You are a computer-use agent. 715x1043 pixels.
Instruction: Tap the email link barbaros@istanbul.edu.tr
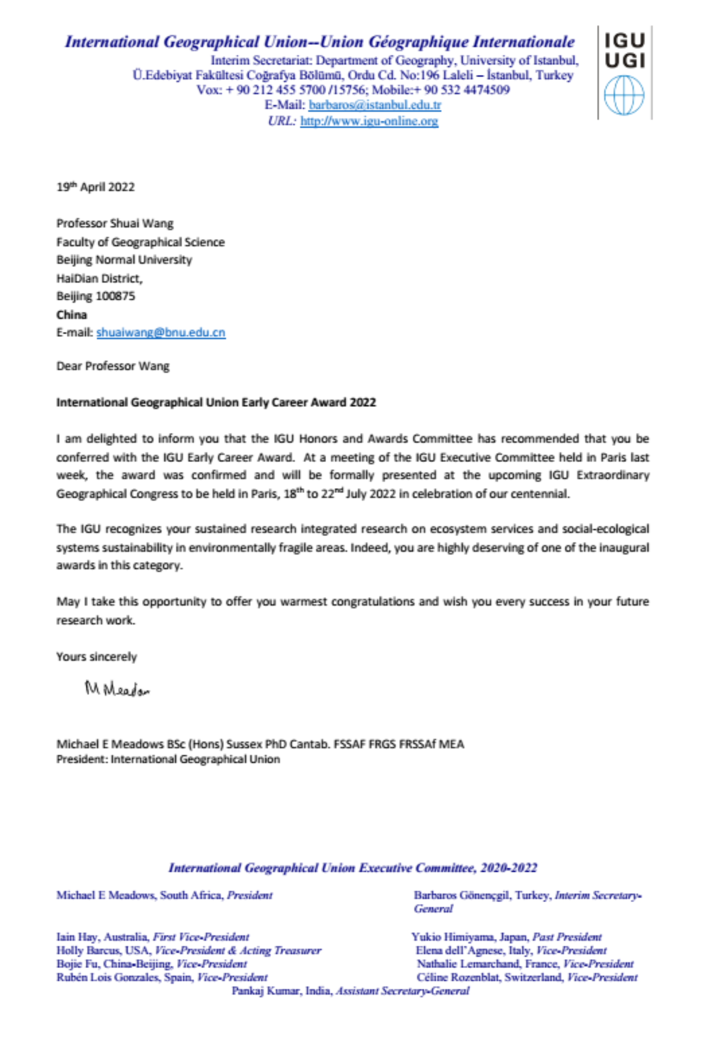point(375,106)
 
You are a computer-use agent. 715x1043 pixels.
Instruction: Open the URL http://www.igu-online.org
point(369,121)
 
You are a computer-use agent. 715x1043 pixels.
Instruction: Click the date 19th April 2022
point(95,187)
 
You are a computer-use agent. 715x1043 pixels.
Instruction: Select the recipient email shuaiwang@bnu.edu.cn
point(161,332)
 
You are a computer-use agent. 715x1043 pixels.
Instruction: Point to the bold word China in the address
point(71,315)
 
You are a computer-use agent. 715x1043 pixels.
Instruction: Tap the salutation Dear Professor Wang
point(113,366)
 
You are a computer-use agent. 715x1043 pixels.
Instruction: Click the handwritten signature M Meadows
point(117,689)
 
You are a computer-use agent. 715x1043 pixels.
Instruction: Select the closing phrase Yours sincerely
point(96,657)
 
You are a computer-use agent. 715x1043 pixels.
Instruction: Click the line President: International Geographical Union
point(168,759)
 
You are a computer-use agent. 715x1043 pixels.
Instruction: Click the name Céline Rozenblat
point(457,977)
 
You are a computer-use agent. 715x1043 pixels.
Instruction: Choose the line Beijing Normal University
point(124,260)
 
